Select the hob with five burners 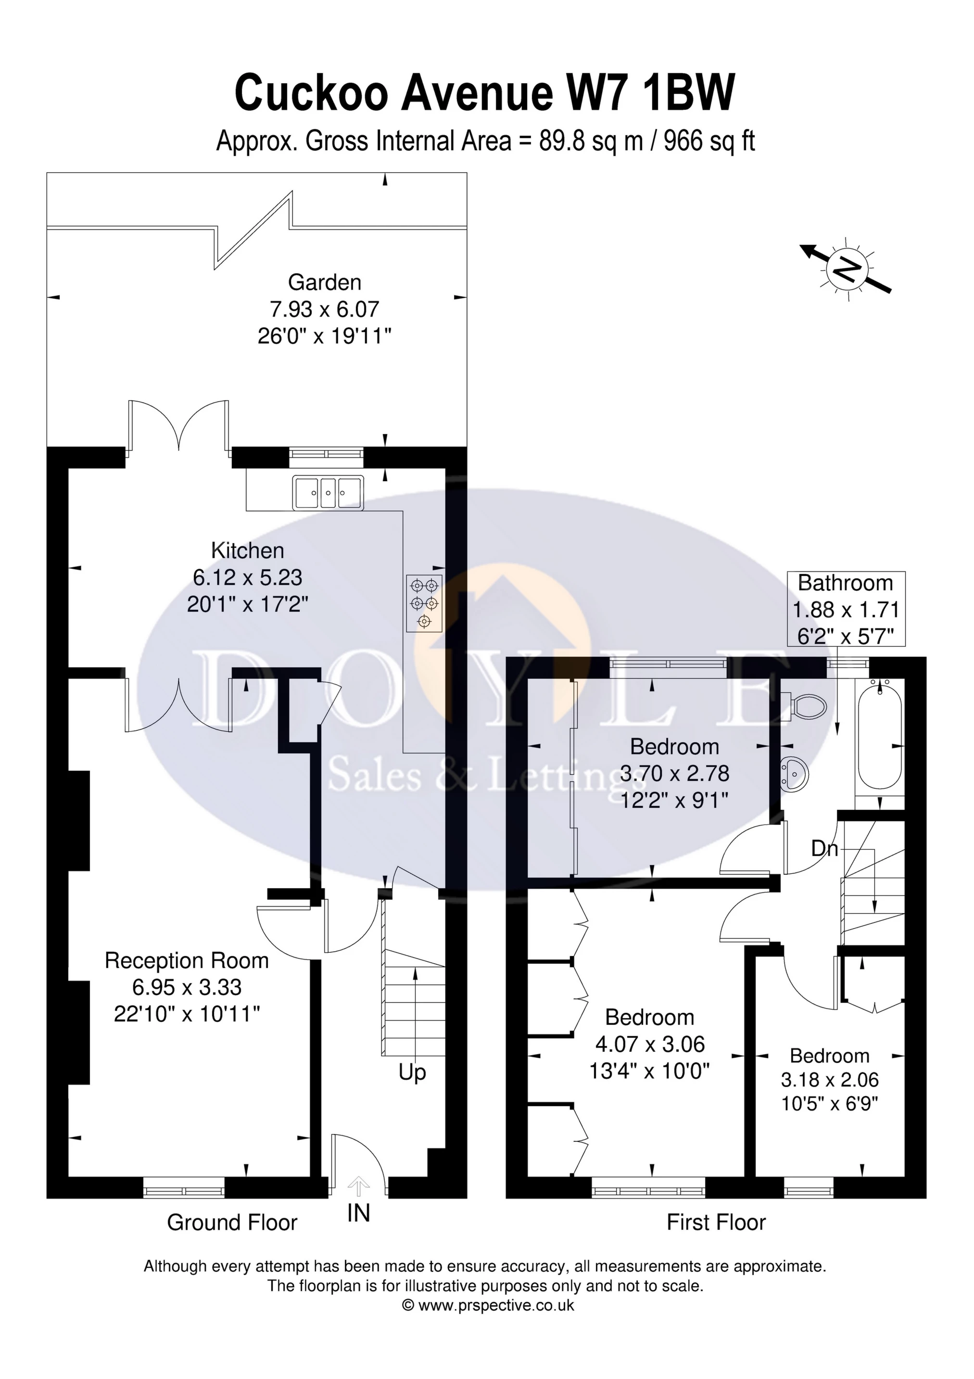(424, 603)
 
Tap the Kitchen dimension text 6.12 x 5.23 (247, 577)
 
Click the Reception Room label (186, 960)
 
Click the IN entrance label (358, 1213)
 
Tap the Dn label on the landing (824, 849)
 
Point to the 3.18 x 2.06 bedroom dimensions (829, 1079)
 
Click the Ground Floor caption (232, 1222)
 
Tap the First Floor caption (716, 1222)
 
